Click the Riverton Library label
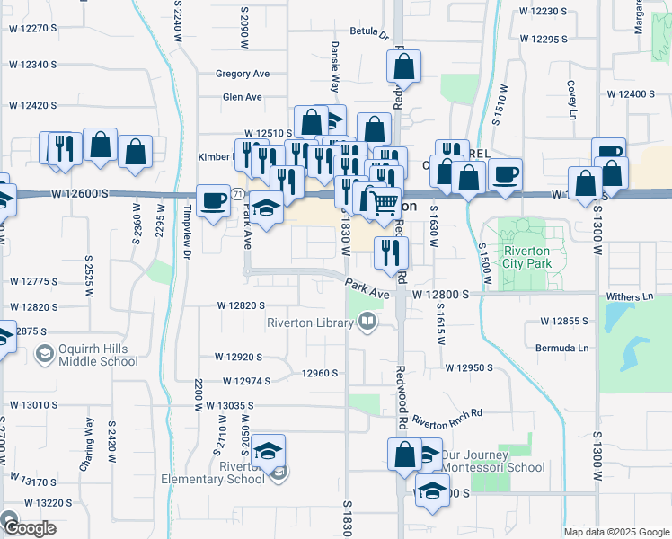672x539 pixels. (312, 323)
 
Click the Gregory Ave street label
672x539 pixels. (243, 74)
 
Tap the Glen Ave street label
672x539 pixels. (242, 97)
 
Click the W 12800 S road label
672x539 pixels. (441, 294)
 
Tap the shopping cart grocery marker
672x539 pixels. (385, 203)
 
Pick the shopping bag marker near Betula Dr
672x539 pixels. (404, 66)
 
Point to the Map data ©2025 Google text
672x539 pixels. (616, 532)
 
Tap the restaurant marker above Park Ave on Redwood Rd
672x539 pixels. (391, 252)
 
